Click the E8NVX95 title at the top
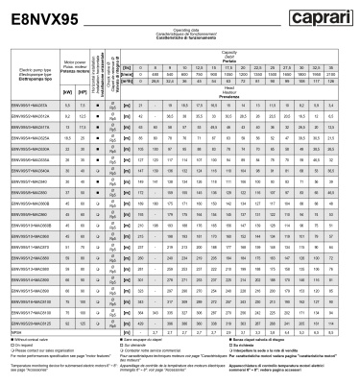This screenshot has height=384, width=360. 44,18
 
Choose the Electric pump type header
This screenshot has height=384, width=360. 23,71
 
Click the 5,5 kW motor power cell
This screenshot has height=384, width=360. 40,103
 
